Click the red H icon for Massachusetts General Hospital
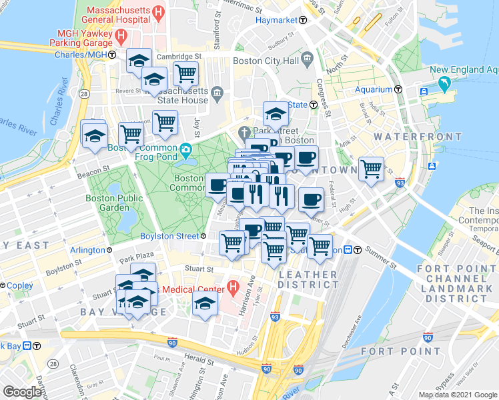click(x=157, y=12)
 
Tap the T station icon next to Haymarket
click(x=303, y=21)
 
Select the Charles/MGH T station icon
click(x=113, y=55)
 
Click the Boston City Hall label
click(x=266, y=61)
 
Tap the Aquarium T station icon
click(x=398, y=89)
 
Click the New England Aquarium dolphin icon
click(x=444, y=85)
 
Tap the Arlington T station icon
click(x=111, y=251)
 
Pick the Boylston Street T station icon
click(x=203, y=236)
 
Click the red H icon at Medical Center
click(x=232, y=289)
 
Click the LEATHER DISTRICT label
click(x=308, y=279)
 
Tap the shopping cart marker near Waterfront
click(x=371, y=168)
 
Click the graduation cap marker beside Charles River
click(x=94, y=135)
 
